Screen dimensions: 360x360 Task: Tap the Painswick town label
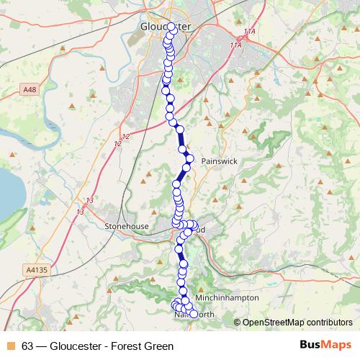pyautogui.click(x=219, y=161)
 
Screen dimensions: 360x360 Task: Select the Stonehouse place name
pyautogui.click(x=127, y=226)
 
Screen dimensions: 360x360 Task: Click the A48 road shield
pyautogui.click(x=28, y=90)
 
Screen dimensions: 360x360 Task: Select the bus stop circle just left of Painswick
pyautogui.click(x=189, y=157)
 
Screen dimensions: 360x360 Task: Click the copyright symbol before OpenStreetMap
pyautogui.click(x=238, y=322)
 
